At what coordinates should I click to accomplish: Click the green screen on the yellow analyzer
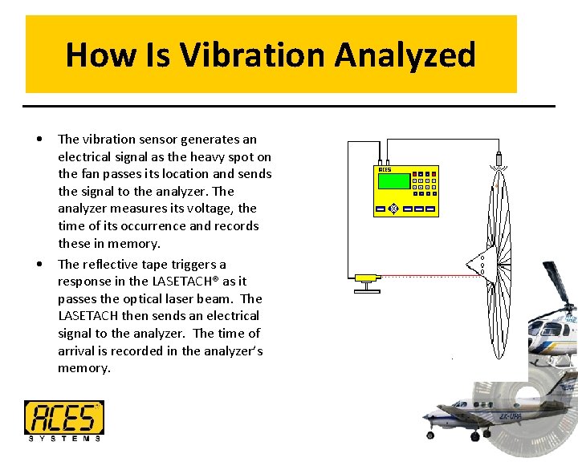click(x=393, y=181)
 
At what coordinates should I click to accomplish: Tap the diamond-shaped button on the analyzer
click(x=393, y=209)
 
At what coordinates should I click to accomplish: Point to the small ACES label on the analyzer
click(x=385, y=170)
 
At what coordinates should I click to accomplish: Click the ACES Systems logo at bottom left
click(x=63, y=420)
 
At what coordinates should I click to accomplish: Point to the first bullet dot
click(x=40, y=140)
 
